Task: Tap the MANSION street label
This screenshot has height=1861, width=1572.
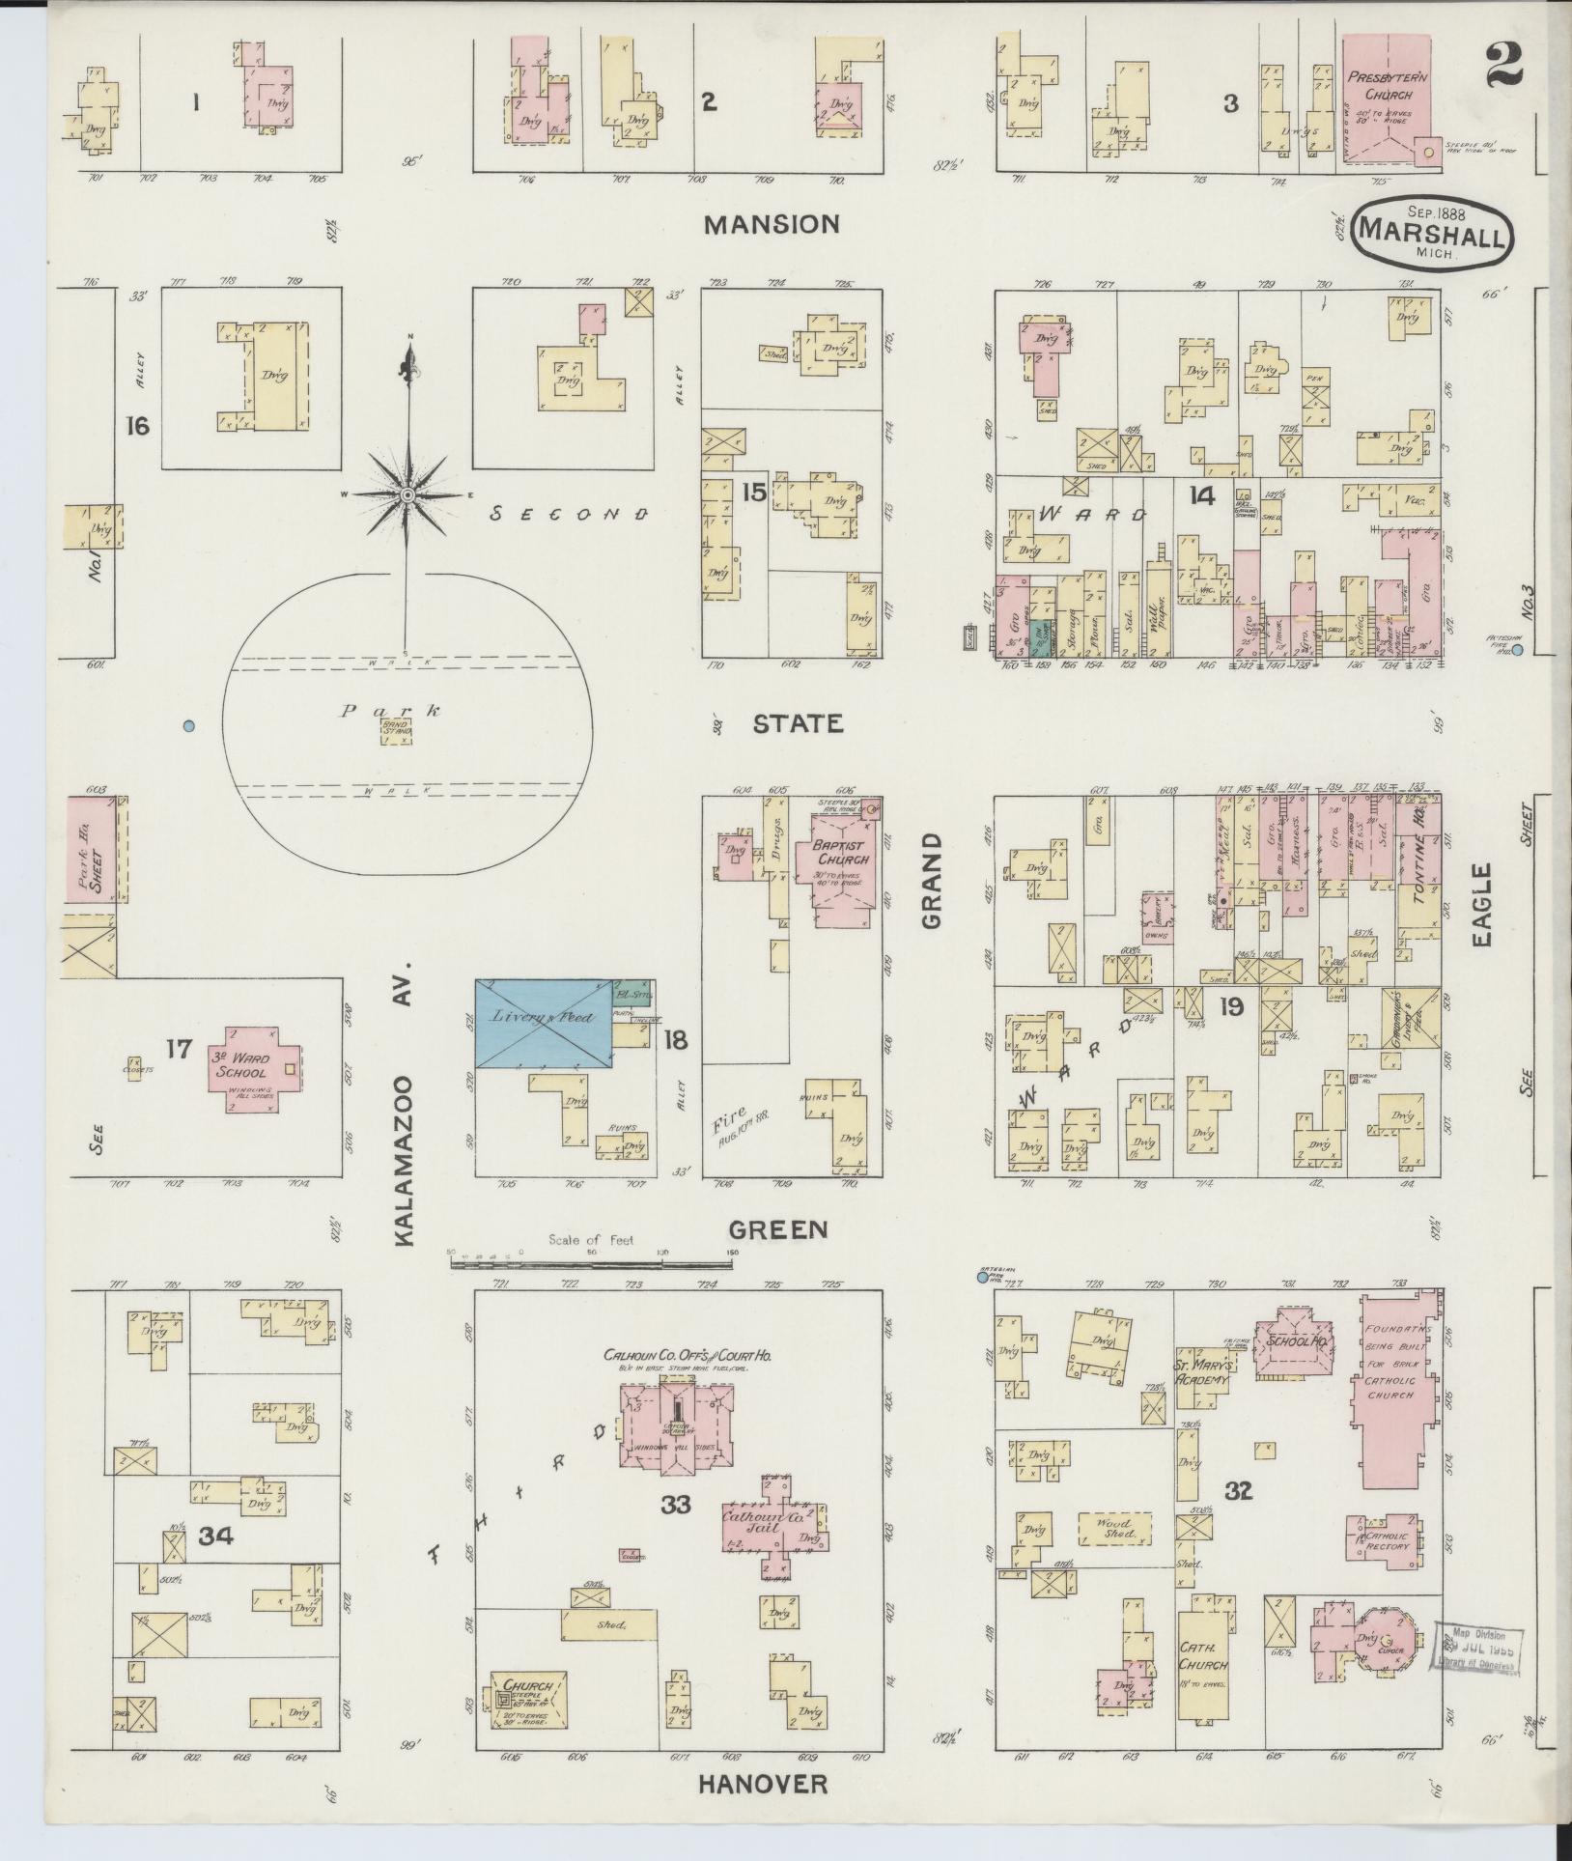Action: click(x=772, y=225)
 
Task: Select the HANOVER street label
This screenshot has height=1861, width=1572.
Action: click(x=763, y=1784)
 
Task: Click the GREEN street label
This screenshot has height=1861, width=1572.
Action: click(x=778, y=1229)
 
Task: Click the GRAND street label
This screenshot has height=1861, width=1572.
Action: click(x=931, y=881)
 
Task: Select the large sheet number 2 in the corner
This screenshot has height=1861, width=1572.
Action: click(x=1504, y=65)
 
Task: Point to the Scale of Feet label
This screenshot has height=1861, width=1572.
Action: click(x=590, y=1240)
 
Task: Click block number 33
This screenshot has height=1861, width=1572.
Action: click(x=676, y=1504)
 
